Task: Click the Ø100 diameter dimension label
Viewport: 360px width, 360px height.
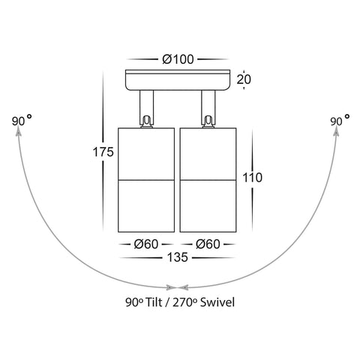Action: click(x=178, y=59)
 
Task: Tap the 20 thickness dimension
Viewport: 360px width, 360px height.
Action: click(x=244, y=79)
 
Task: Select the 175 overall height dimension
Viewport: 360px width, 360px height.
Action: click(x=103, y=151)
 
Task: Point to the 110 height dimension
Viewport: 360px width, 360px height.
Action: click(x=253, y=178)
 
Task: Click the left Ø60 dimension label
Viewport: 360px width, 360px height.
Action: click(x=146, y=244)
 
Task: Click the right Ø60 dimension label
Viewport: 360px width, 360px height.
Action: click(x=208, y=244)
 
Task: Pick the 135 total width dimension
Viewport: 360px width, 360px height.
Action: click(x=178, y=257)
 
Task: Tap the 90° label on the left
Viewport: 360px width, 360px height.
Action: click(x=22, y=120)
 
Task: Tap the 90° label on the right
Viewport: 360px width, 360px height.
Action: click(x=340, y=120)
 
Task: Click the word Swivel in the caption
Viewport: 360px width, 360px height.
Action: click(x=217, y=302)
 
